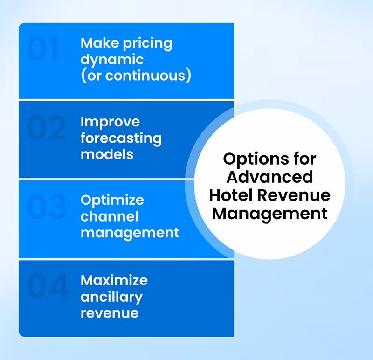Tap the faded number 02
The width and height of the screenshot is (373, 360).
tap(46, 128)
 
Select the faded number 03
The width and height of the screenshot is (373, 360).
tap(46, 208)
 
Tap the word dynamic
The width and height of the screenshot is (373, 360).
tap(112, 60)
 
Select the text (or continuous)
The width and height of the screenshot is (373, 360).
tap(136, 76)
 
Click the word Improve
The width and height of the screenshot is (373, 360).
tap(110, 122)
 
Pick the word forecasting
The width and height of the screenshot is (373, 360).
tap(121, 138)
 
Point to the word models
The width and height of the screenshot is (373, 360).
tap(107, 154)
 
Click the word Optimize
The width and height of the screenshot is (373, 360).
tap(112, 201)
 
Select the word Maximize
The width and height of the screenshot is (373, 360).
tap(114, 280)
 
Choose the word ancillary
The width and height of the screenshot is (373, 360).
tap(111, 297)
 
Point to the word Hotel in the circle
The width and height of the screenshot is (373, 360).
tap(231, 195)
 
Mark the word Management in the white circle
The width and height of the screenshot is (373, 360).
tap(269, 214)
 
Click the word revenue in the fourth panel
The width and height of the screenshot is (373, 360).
tap(110, 313)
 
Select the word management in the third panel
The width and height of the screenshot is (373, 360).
tap(130, 233)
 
